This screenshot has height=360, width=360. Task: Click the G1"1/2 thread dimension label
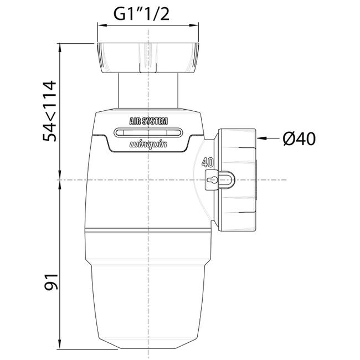pos(142,14)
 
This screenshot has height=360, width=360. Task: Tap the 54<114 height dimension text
pos(49,111)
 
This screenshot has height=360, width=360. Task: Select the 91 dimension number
pos(51,282)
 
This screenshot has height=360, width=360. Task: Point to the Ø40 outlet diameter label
pos(299,138)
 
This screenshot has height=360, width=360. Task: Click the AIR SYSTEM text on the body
pos(148,121)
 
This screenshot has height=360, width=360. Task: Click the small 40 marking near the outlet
pos(208,163)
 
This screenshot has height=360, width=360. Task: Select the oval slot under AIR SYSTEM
pos(148,132)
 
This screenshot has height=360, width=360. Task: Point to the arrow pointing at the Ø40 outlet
pos(268,138)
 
